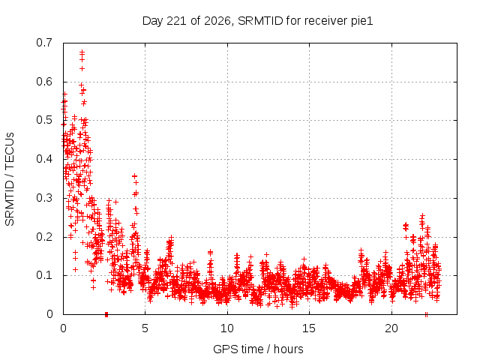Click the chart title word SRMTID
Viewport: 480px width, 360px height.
(260, 21)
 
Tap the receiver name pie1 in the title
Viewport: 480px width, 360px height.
(361, 21)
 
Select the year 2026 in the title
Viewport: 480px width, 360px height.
(217, 21)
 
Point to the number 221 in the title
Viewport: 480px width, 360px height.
(177, 21)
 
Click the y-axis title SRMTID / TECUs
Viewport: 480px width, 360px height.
(10, 179)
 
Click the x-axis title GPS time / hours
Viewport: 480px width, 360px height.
(258, 349)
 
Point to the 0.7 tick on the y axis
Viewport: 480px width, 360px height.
(44, 43)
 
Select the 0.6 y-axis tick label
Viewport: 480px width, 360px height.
(44, 82)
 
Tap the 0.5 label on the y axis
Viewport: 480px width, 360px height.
(44, 120)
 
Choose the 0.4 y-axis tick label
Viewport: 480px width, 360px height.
(44, 159)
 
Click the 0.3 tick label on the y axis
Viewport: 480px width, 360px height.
(44, 198)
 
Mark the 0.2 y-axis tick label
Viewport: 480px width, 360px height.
(44, 237)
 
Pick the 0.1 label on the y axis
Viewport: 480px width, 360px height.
(44, 275)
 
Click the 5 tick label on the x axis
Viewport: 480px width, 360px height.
(145, 328)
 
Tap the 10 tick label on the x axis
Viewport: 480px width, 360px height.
(227, 328)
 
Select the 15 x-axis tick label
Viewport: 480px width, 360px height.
(309, 328)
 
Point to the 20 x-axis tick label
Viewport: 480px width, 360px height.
(391, 328)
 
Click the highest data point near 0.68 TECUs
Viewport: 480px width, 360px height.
(82, 52)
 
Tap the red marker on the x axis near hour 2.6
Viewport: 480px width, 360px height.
(106, 314)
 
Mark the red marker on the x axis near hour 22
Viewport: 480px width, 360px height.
(426, 314)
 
